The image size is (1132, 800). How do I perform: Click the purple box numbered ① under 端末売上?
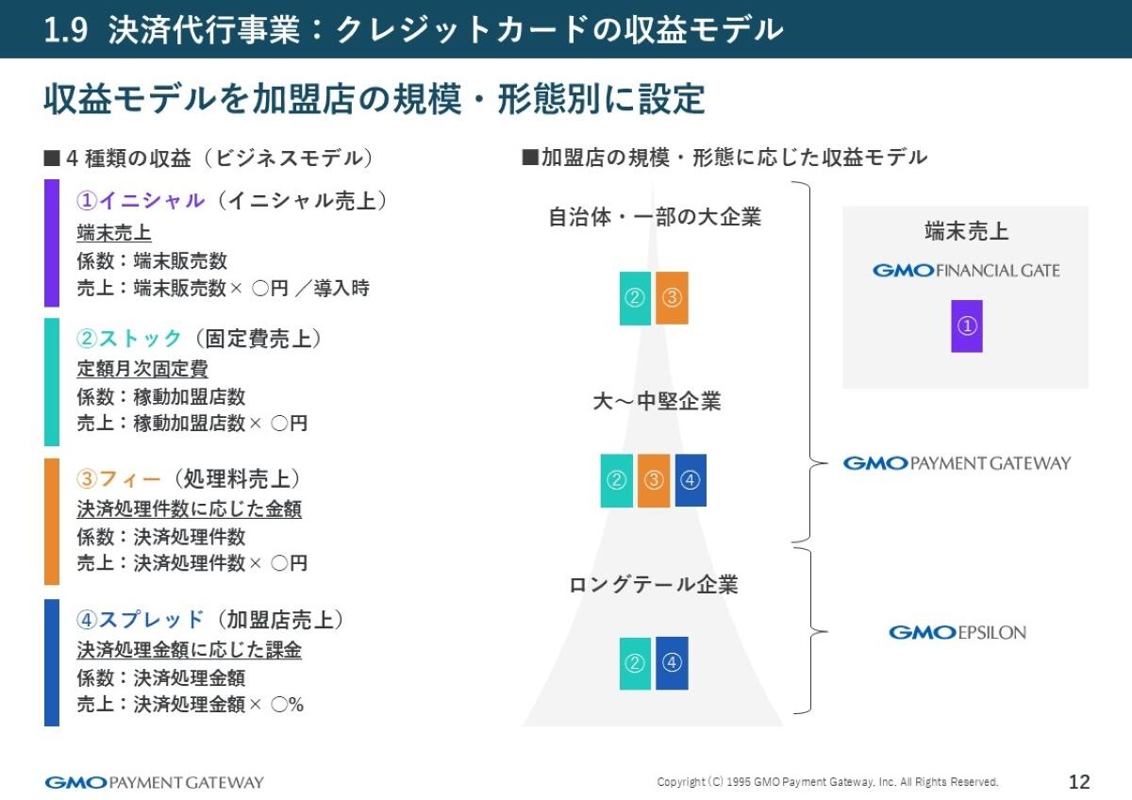click(x=967, y=326)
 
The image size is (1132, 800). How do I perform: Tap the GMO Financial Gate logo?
click(x=966, y=271)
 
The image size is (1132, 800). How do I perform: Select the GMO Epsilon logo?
click(x=957, y=632)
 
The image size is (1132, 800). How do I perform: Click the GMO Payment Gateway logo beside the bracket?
click(x=957, y=463)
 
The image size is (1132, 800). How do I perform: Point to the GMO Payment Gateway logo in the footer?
click(x=155, y=782)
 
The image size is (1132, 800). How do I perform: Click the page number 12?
click(x=1079, y=782)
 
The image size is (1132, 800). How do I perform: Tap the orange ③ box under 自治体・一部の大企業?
click(x=672, y=298)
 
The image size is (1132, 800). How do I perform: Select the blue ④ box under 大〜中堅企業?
click(x=691, y=480)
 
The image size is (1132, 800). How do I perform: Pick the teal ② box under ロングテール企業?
click(x=635, y=663)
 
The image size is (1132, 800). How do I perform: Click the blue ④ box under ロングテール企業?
click(x=672, y=663)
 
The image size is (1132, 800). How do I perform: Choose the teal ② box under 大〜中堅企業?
click(x=617, y=480)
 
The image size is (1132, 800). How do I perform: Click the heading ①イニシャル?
click(x=141, y=201)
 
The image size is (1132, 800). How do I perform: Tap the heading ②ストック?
click(x=129, y=339)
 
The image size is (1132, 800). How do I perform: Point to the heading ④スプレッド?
click(x=141, y=620)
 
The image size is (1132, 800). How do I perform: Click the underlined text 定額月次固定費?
click(x=142, y=369)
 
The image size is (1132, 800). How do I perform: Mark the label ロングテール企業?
click(x=654, y=585)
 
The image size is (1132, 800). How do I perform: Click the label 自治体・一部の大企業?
click(x=655, y=217)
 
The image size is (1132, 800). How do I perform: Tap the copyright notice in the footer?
click(x=827, y=782)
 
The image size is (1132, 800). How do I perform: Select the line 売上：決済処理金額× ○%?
click(x=191, y=705)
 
